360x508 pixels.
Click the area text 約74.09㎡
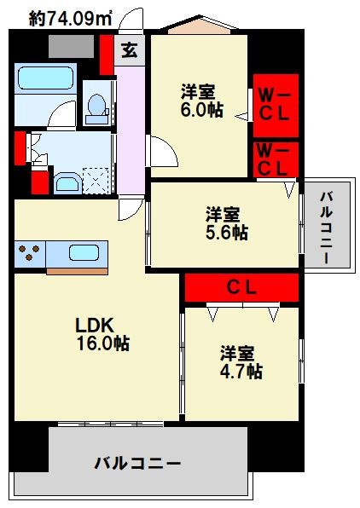61,16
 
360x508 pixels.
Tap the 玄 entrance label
128,50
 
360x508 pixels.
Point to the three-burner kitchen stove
30,254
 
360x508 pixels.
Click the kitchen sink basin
83,254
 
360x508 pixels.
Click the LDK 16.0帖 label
102,334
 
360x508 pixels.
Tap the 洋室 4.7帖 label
240,361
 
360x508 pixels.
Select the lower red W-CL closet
276,159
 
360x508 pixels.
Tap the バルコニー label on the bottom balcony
137,465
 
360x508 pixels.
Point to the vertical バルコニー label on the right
327,223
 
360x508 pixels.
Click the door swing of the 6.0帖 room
164,153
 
